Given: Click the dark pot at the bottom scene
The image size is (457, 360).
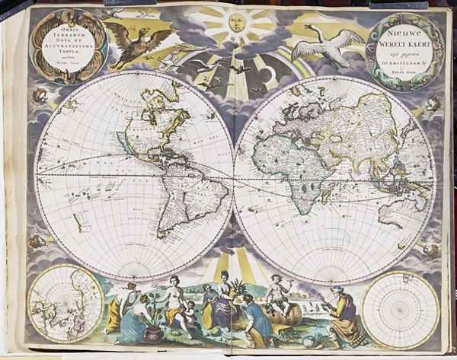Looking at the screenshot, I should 153,333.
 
